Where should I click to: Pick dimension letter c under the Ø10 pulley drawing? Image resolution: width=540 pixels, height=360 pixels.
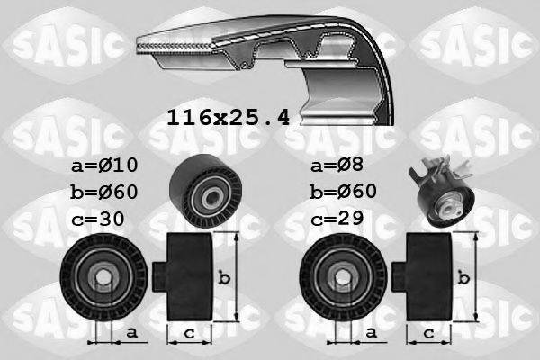[188, 334]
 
